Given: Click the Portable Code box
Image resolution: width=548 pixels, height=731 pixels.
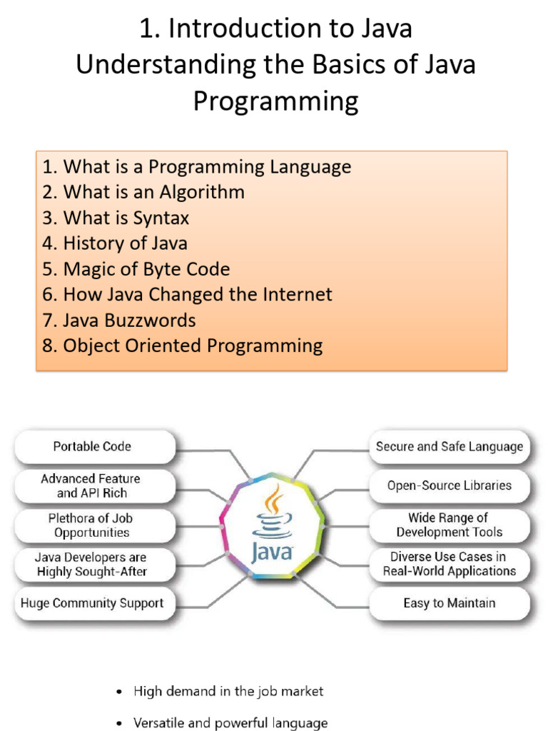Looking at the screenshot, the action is point(95,447).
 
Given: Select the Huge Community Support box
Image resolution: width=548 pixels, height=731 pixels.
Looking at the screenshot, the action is point(95,603).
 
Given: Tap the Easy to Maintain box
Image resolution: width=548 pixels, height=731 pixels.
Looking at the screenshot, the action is point(450,603).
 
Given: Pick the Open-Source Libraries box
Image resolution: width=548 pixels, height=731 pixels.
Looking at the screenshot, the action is point(450,485).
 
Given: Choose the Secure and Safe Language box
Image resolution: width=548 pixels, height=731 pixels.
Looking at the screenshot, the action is point(450,447).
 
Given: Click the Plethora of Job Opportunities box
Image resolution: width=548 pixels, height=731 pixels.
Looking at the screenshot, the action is point(95,525).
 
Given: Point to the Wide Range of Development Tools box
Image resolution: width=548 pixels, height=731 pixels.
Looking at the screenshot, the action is point(450,525).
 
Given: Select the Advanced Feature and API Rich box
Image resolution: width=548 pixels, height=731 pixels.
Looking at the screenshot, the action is point(95,485).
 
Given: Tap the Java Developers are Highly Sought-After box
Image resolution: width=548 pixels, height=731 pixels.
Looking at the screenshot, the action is point(95,565).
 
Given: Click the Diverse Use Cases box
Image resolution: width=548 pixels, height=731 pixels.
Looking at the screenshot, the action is point(450,565).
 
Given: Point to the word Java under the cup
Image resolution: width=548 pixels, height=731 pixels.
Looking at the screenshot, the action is point(272,553).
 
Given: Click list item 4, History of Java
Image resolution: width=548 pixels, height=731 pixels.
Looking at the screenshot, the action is point(115,243).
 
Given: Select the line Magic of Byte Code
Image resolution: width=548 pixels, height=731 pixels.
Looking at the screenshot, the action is point(136,269).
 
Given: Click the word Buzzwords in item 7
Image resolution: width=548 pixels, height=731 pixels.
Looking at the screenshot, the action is point(150,321).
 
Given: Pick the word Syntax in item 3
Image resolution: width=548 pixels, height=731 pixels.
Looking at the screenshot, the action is point(161,218).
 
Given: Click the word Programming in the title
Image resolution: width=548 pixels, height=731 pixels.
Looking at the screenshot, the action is point(276,101).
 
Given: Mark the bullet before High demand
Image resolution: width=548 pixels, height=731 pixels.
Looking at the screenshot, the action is point(120,692).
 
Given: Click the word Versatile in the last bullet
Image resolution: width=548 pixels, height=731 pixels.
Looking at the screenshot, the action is point(158,722).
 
